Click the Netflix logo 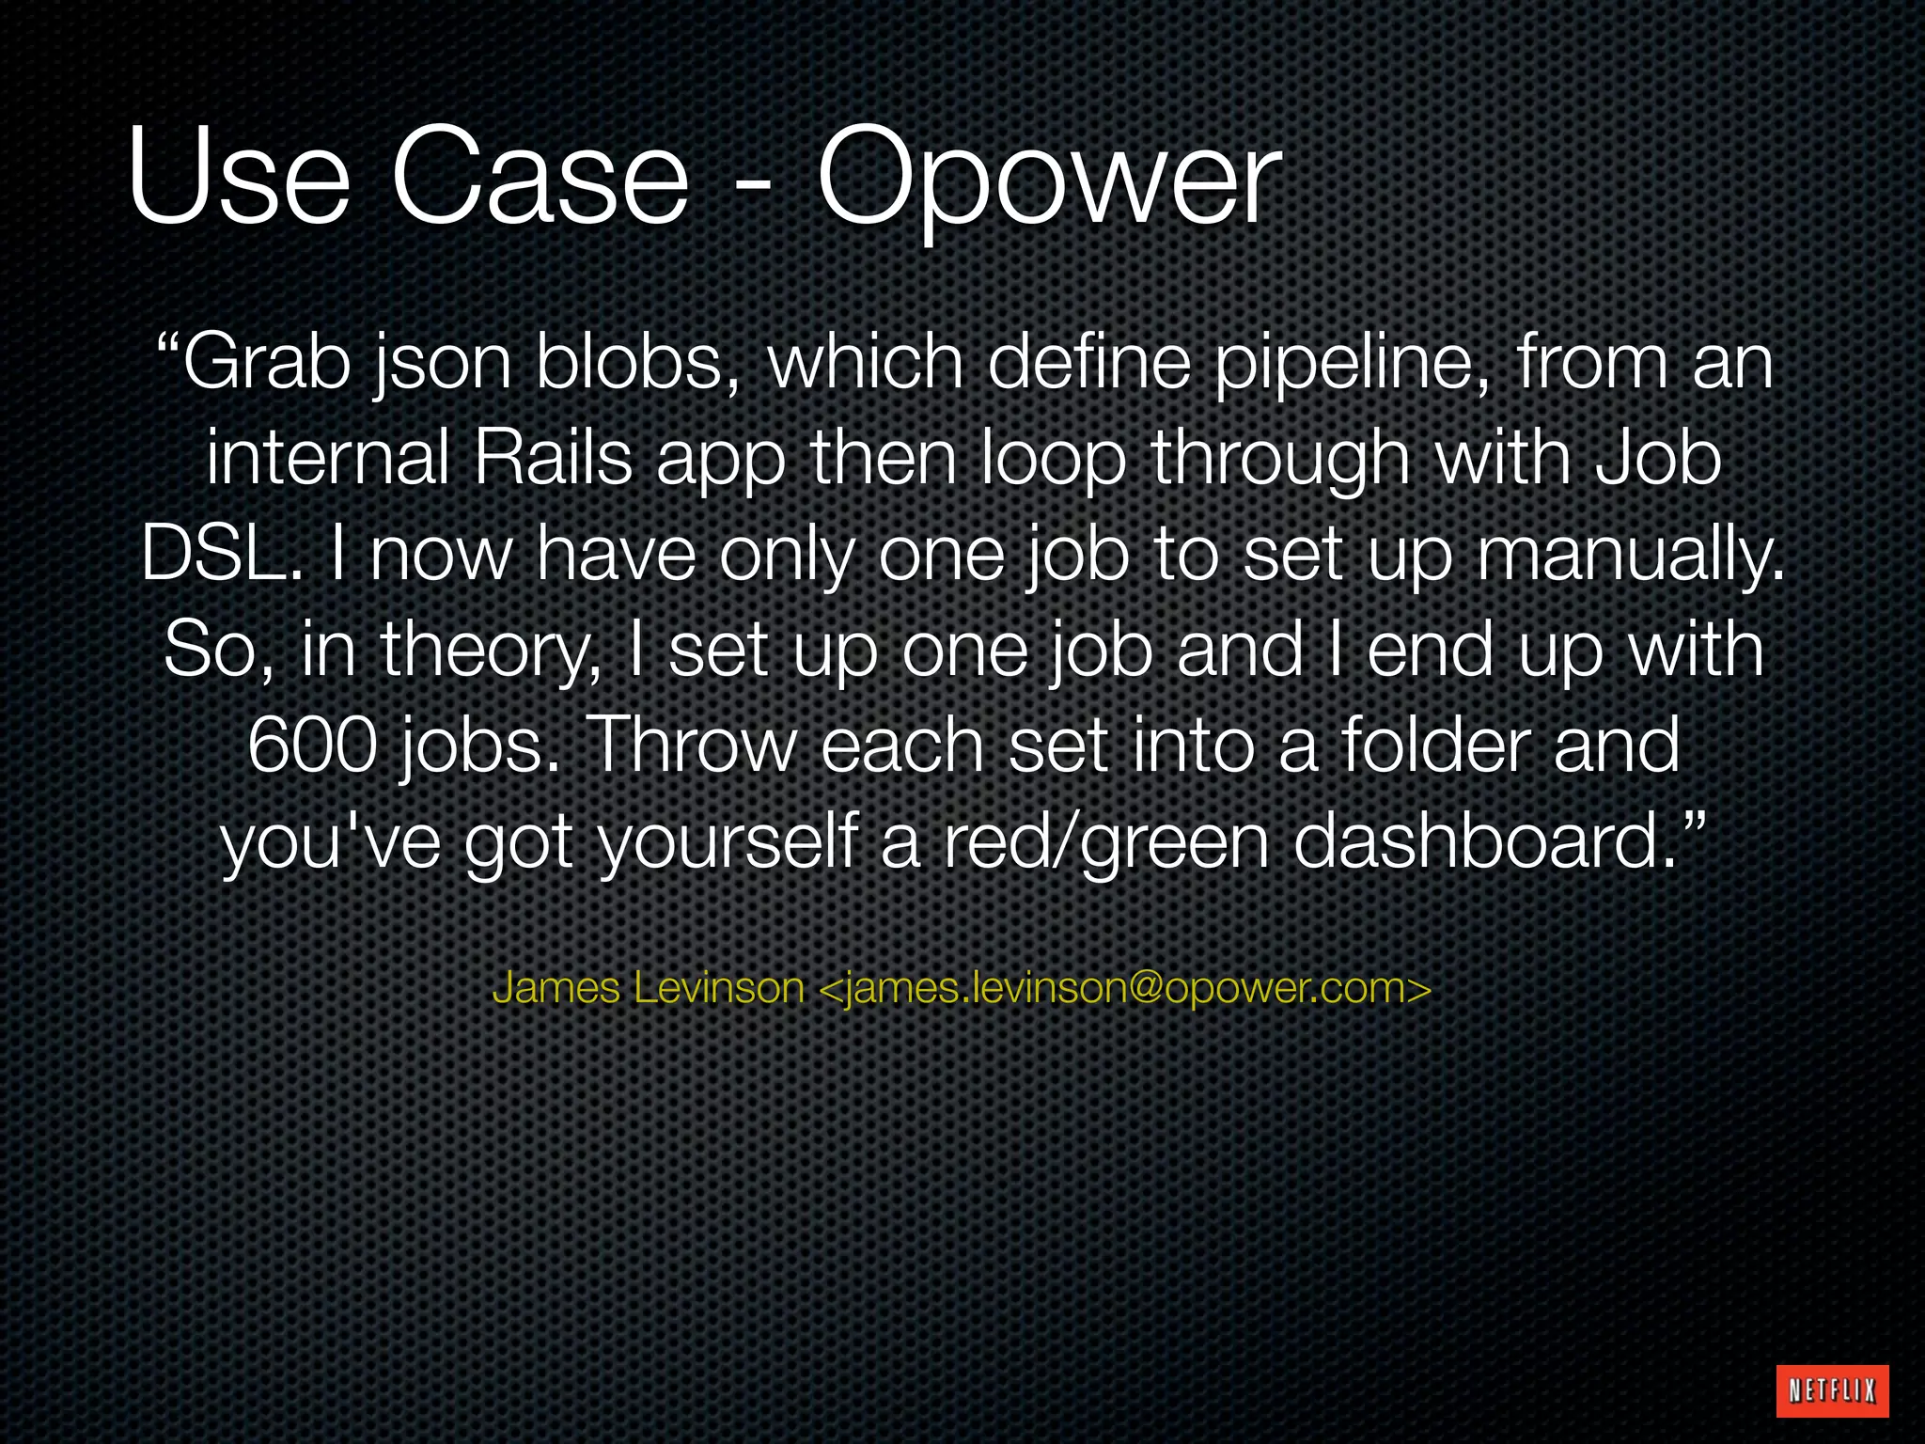click(1833, 1390)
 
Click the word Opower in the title click(1048, 179)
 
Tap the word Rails click(554, 459)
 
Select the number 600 click(313, 745)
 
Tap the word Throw click(696, 745)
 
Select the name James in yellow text click(556, 988)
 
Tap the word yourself click(728, 842)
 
